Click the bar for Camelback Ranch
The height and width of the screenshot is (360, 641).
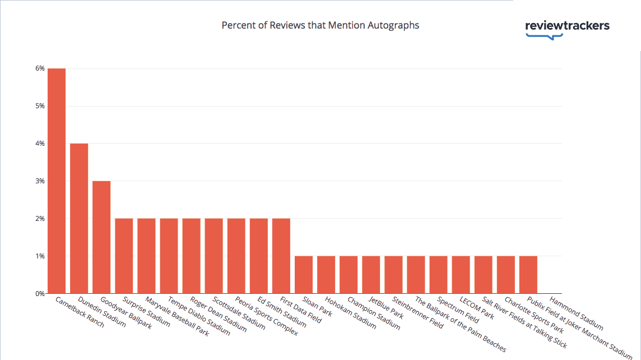pyautogui.click(x=57, y=181)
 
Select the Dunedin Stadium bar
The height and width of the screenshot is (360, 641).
pyautogui.click(x=79, y=219)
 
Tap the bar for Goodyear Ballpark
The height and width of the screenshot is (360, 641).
pyautogui.click(x=101, y=237)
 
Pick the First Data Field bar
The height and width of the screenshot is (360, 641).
pyautogui.click(x=281, y=256)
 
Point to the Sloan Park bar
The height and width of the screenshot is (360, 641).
pyautogui.click(x=304, y=275)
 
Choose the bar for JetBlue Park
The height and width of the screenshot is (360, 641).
pyautogui.click(x=371, y=275)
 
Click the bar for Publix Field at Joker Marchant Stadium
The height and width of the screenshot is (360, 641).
pyautogui.click(x=528, y=275)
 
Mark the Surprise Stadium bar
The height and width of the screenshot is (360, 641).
pyautogui.click(x=124, y=256)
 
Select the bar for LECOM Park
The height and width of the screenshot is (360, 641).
pyautogui.click(x=461, y=275)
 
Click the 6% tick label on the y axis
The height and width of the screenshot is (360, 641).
pyautogui.click(x=40, y=68)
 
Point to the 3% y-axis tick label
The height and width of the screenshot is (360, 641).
pyautogui.click(x=40, y=181)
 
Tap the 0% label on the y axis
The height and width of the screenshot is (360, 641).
pyautogui.click(x=40, y=293)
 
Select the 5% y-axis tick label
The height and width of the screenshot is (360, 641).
pyautogui.click(x=40, y=106)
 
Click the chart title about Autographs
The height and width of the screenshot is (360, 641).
pyautogui.click(x=320, y=25)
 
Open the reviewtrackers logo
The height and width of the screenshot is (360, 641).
pyautogui.click(x=567, y=29)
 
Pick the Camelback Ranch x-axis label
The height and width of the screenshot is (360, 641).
pyautogui.click(x=80, y=312)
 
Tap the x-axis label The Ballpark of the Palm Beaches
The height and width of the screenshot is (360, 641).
pyautogui.click(x=461, y=325)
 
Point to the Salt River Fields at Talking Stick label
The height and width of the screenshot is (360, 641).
pyautogui.click(x=524, y=322)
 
